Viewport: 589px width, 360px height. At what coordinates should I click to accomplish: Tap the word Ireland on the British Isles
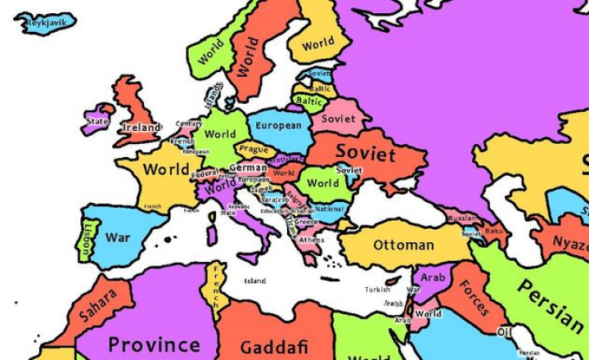click(141, 128)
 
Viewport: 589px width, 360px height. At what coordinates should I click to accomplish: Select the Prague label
click(254, 151)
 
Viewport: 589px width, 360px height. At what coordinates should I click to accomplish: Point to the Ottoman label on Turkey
click(403, 245)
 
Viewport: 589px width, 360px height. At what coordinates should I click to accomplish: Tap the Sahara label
click(99, 303)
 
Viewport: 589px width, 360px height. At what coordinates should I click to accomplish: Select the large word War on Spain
click(117, 238)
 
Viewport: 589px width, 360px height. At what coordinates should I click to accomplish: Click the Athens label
click(311, 240)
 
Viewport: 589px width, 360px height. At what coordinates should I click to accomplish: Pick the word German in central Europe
click(247, 168)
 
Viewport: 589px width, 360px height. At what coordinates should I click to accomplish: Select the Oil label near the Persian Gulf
click(504, 332)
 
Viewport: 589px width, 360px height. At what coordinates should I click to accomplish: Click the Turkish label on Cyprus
click(377, 289)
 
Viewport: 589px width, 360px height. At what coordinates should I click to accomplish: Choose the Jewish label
click(394, 304)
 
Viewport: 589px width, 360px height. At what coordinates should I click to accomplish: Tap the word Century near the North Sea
click(188, 124)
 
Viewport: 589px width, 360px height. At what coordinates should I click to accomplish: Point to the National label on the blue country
click(329, 209)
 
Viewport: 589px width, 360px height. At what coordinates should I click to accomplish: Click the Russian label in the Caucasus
click(462, 218)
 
